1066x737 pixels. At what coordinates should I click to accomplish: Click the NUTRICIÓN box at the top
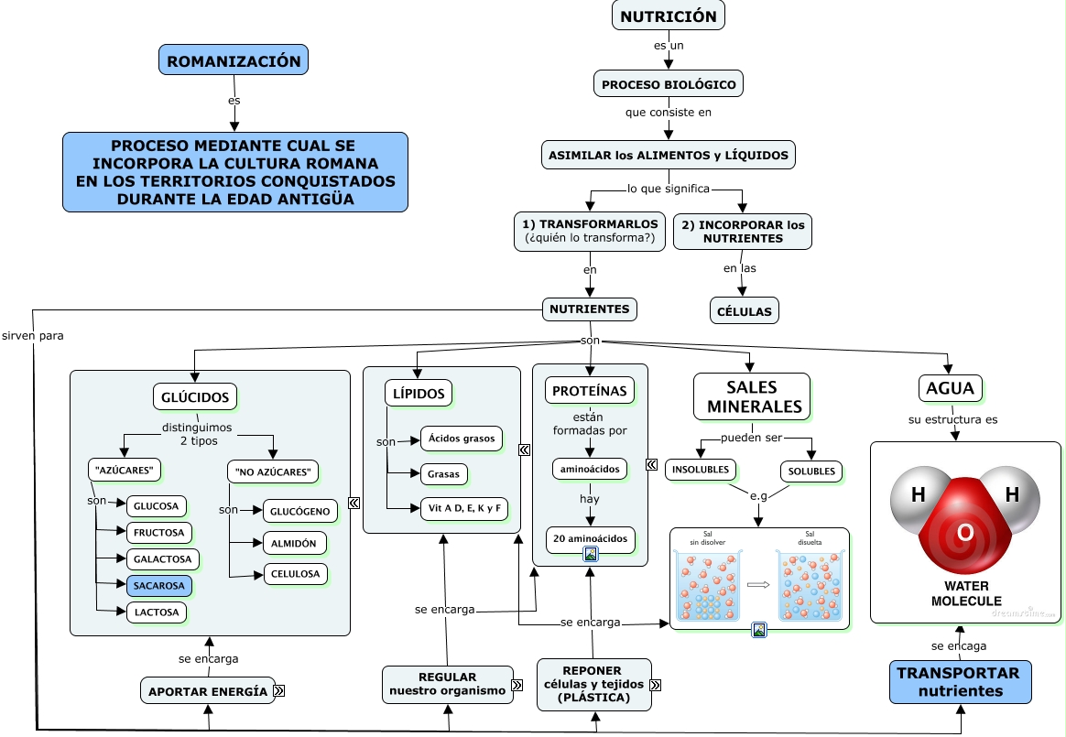pos(669,16)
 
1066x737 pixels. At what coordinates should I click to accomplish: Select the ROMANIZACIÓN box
pos(234,60)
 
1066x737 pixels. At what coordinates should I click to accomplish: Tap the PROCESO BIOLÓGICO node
pos(669,84)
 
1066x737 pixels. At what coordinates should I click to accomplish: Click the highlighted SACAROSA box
pos(158,585)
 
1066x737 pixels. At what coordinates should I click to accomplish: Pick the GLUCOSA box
pos(157,506)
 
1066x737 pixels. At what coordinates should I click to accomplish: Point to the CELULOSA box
pos(295,574)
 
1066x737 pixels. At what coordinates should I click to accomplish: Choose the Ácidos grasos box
pos(461,439)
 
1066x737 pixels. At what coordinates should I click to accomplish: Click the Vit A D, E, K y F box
pos(463,509)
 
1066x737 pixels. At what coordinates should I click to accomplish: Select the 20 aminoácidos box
pos(591,538)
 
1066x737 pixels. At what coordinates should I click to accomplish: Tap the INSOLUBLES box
pos(701,471)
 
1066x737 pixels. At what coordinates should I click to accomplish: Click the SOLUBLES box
pos(811,471)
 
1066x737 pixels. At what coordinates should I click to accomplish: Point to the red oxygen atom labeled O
pos(964,532)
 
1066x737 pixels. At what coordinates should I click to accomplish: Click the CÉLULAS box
pos(744,311)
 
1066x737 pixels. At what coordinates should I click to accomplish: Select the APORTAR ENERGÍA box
pos(208,691)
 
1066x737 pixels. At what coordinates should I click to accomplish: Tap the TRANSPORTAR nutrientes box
pos(961,683)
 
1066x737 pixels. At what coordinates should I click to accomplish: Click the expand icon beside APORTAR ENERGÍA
pos(278,691)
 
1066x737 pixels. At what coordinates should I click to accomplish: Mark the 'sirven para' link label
pos(33,335)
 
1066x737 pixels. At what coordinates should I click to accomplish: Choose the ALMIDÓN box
pos(294,543)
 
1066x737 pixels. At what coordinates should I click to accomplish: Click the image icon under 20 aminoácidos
pos(591,554)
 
